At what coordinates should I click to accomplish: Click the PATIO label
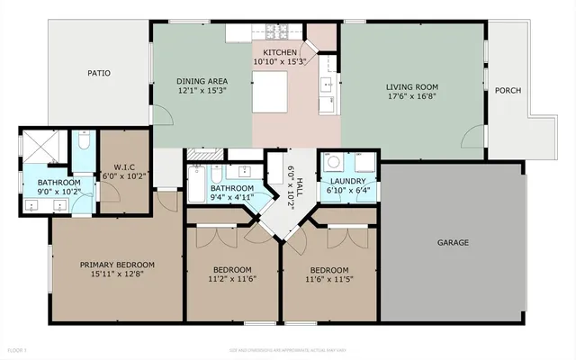coord(99,73)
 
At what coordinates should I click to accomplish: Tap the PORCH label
coord(508,90)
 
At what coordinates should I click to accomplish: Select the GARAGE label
coord(453,242)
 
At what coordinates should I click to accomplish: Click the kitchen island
coord(269,91)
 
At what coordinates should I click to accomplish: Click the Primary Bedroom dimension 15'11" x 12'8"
coord(117,276)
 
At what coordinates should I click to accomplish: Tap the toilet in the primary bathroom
coord(83,143)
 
